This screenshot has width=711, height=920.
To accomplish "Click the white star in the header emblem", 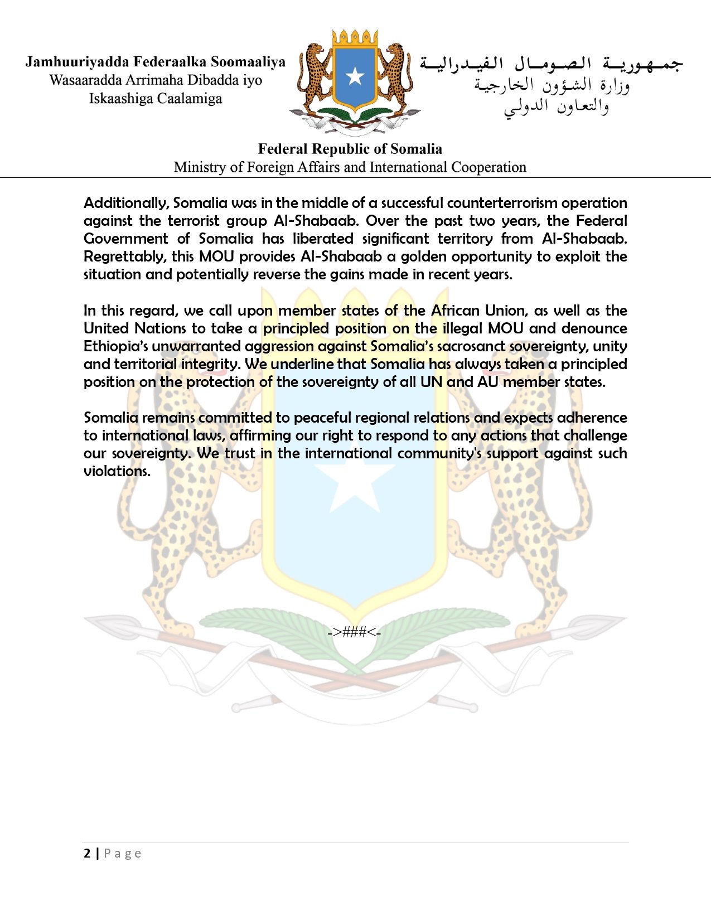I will (355, 76).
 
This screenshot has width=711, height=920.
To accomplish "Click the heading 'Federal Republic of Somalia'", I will (350, 149).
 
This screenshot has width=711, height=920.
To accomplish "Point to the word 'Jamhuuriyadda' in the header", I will (77, 62).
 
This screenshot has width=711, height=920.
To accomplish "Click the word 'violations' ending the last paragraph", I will (116, 471).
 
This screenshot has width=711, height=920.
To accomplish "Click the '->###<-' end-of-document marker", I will (355, 632).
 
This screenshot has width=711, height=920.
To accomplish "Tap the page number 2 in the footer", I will (87, 853).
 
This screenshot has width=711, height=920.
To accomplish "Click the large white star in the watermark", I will (355, 480).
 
